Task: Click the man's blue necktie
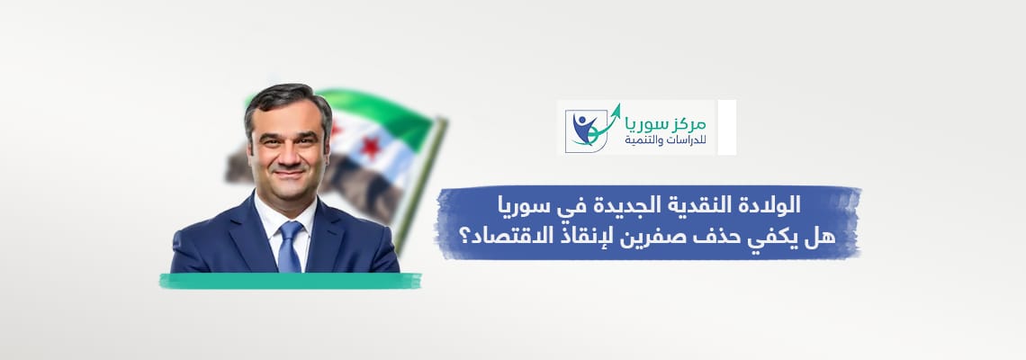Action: [289, 247]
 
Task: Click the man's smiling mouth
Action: [289, 174]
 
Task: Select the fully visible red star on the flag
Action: [371, 148]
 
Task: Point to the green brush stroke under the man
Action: [290, 281]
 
